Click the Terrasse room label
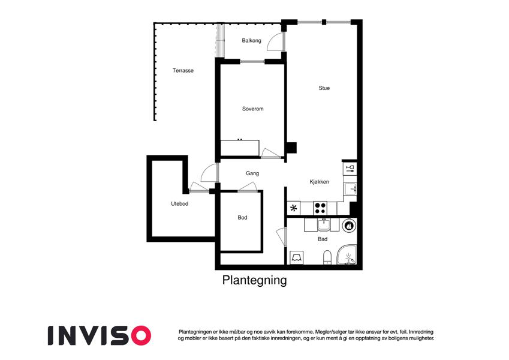point(183,71)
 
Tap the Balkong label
point(251,41)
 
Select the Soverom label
point(252,109)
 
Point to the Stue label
point(324,88)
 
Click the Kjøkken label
point(319,182)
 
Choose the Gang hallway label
point(252,173)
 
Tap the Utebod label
point(179,204)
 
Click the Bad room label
point(323,239)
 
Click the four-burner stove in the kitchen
point(320,208)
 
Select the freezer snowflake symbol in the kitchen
point(293,208)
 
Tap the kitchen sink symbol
point(350,189)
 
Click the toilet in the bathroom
point(327,257)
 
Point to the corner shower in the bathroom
point(347,255)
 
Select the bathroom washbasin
point(324,224)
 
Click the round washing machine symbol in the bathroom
point(350,225)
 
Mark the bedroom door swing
point(270,153)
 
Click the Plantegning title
point(254,280)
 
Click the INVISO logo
point(100,335)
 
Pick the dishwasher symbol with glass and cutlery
point(350,169)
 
